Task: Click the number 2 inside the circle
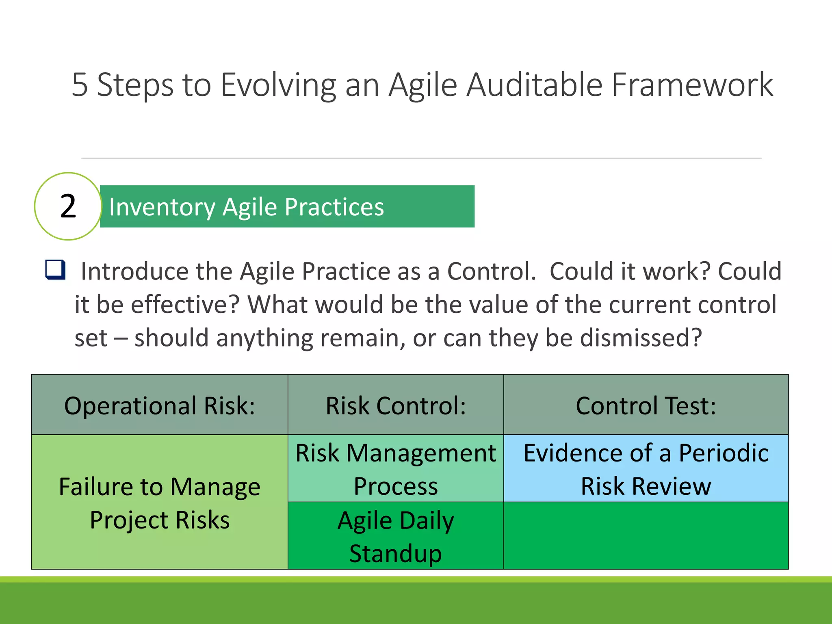pyautogui.click(x=68, y=206)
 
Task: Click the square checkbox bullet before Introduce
pyautogui.click(x=55, y=270)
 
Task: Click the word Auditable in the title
pyautogui.click(x=534, y=85)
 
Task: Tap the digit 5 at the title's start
pyautogui.click(x=80, y=85)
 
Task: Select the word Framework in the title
pyautogui.click(x=692, y=85)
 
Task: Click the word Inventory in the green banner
pyautogui.click(x=162, y=207)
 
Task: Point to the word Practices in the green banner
pyautogui.click(x=334, y=207)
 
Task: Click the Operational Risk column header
pyautogui.click(x=160, y=405)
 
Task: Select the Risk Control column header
pyautogui.click(x=396, y=405)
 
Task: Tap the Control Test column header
pyautogui.click(x=646, y=405)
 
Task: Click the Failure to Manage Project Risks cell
pyautogui.click(x=160, y=503)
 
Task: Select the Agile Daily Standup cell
pyautogui.click(x=396, y=536)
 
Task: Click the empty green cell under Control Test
pyautogui.click(x=646, y=536)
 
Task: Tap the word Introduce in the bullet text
pyautogui.click(x=134, y=271)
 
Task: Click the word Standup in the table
pyautogui.click(x=396, y=553)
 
